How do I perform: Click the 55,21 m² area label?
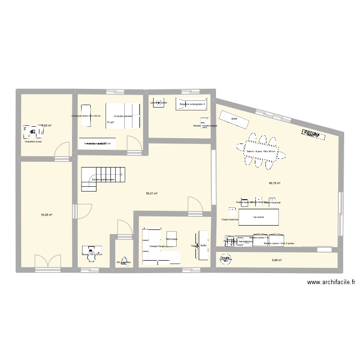[x=152, y=193]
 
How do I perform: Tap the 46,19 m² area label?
[x=275, y=183]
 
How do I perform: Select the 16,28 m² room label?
[x=46, y=215]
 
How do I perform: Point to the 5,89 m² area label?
[x=276, y=260]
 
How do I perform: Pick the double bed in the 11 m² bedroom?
[x=124, y=116]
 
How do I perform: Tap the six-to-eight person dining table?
[x=261, y=152]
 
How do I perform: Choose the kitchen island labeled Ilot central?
[x=259, y=216]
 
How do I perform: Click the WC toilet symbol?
[x=125, y=262]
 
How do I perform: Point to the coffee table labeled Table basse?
[x=171, y=239]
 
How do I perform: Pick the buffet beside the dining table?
[x=234, y=119]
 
